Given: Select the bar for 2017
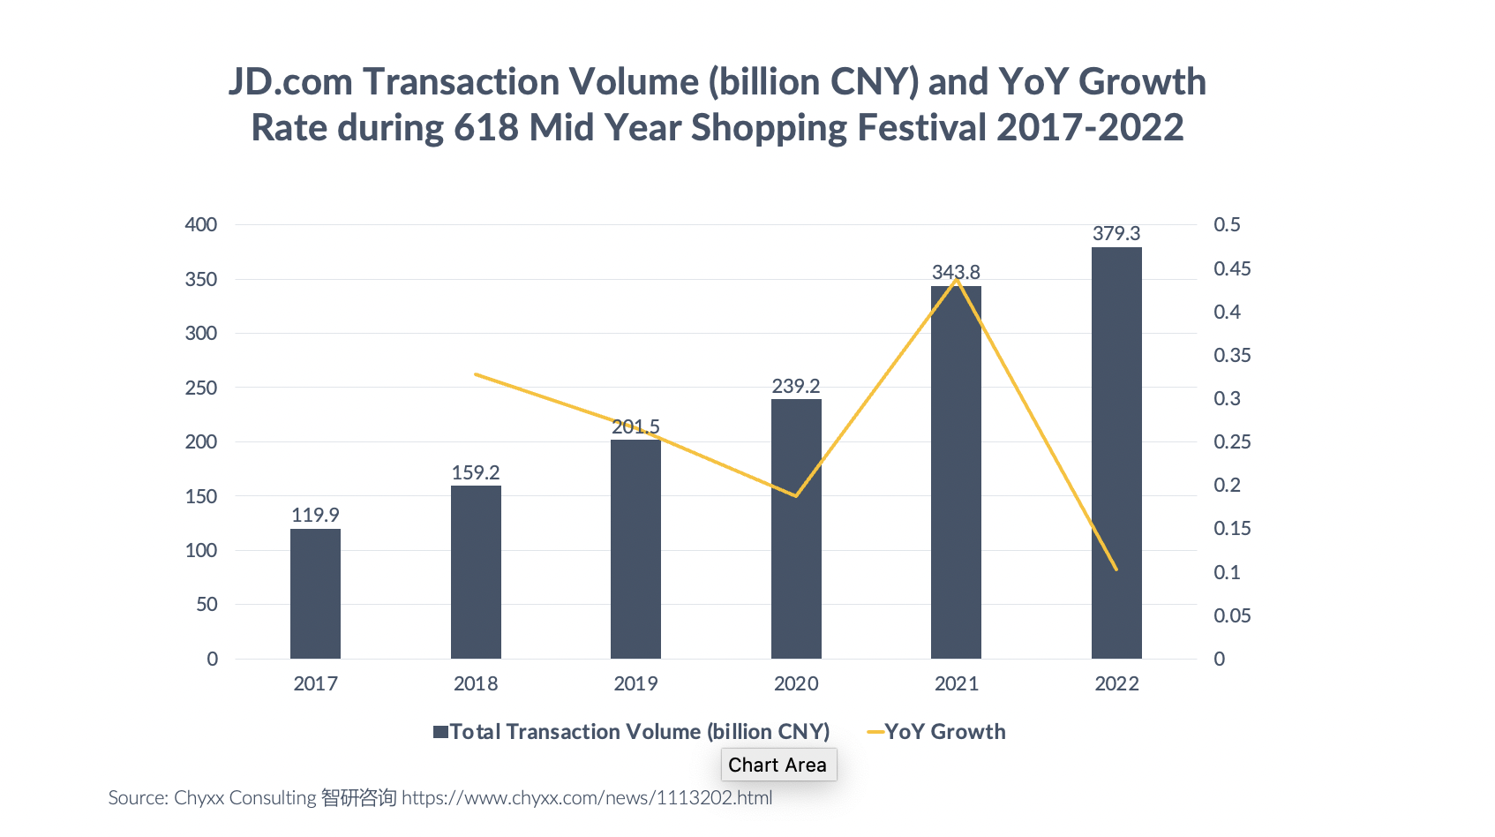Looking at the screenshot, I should pyautogui.click(x=315, y=593).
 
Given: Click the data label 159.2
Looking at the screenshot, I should pyautogui.click(x=476, y=472).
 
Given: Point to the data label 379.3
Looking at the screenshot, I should pyautogui.click(x=1116, y=233).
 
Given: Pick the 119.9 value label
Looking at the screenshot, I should pyautogui.click(x=315, y=515).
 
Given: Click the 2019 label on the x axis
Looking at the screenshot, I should pyautogui.click(x=635, y=683).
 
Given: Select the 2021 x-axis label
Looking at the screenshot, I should pyautogui.click(x=957, y=683).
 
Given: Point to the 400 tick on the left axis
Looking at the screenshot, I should pyautogui.click(x=201, y=224).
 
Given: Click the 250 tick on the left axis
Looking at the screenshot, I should pyautogui.click(x=201, y=388).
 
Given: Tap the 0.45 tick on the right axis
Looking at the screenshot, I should pyautogui.click(x=1232, y=268).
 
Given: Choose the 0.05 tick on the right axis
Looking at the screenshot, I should pyautogui.click(x=1232, y=615).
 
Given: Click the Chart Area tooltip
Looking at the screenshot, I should pyautogui.click(x=778, y=765).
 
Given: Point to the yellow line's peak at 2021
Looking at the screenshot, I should pyautogui.click(x=957, y=281).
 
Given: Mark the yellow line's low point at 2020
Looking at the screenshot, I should pyautogui.click(x=796, y=495).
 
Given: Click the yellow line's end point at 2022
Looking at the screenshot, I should pyautogui.click(x=1116, y=569).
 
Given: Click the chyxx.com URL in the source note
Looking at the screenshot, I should pyautogui.click(x=587, y=798).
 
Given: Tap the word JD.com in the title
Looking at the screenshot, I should pyautogui.click(x=290, y=82).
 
